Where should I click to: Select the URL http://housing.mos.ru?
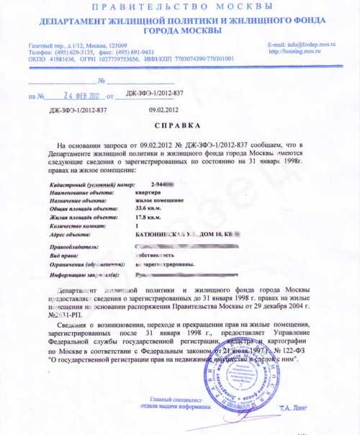pos(295,52)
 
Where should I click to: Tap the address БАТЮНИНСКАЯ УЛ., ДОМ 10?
pos(176,233)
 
